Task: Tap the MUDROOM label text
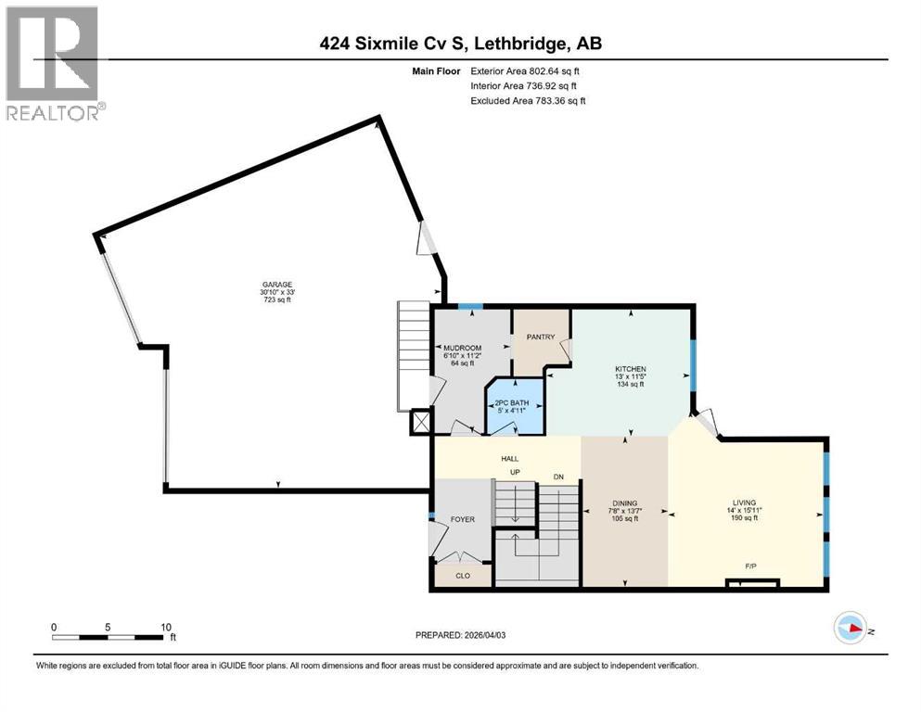(459, 349)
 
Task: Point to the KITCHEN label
(631, 369)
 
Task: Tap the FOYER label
(462, 519)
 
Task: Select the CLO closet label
(463, 576)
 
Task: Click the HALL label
(510, 458)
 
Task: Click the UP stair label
(515, 472)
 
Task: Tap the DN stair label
(558, 477)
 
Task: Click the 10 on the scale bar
(166, 627)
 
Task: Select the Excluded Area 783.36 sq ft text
(528, 100)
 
